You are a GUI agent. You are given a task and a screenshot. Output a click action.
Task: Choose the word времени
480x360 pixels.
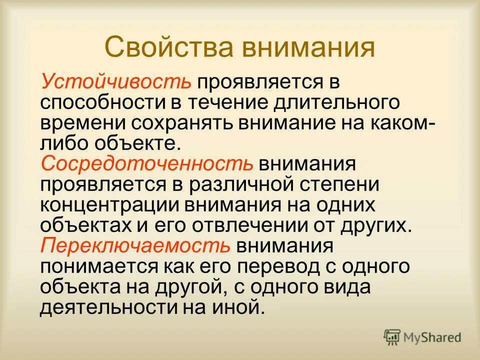click(80, 123)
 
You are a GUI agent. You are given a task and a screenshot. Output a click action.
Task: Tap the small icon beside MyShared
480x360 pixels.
click(392, 336)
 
